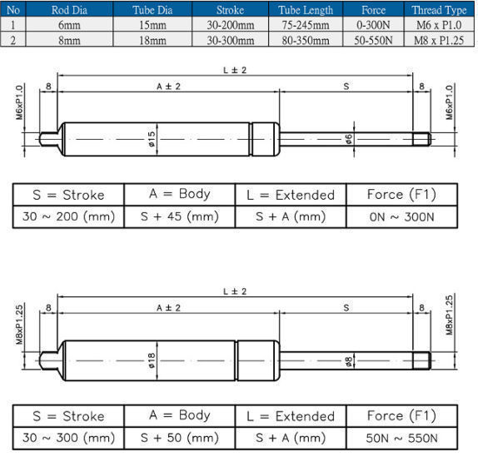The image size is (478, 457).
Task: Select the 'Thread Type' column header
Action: coord(440,10)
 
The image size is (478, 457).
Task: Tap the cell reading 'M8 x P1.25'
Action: coord(440,38)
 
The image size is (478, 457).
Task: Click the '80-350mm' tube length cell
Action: coord(306,38)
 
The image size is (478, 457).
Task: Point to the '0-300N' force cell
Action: coord(374,24)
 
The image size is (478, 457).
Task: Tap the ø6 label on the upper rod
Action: coord(348,138)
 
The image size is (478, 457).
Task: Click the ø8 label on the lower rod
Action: coord(347,360)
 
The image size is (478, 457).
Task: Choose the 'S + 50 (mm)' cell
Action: coord(179,437)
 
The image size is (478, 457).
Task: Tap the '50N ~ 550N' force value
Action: coord(401,437)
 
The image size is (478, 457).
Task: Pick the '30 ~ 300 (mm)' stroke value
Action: coord(68,437)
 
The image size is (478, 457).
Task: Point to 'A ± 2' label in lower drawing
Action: coord(167,307)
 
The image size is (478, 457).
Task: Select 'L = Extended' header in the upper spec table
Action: coord(291,195)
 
